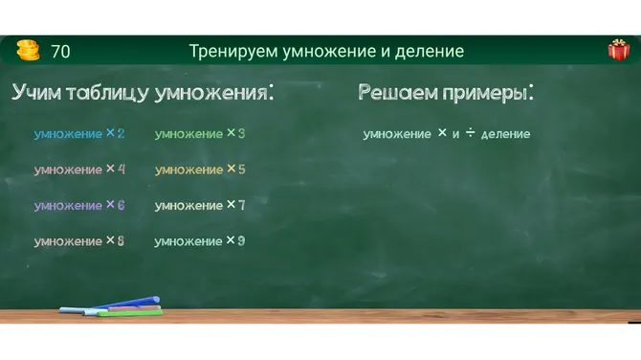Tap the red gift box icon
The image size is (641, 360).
pyautogui.click(x=618, y=51)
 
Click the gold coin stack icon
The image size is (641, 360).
pyautogui.click(x=28, y=51)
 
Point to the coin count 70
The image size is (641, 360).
pyautogui.click(x=60, y=52)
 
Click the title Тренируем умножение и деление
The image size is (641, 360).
pyautogui.click(x=326, y=52)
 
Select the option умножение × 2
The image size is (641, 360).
pyautogui.click(x=79, y=134)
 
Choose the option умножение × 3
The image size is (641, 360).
pyautogui.click(x=200, y=134)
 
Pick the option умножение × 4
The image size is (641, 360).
pyautogui.click(x=79, y=169)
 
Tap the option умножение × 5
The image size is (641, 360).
pyautogui.click(x=200, y=169)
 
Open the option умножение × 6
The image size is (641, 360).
pyautogui.click(x=79, y=205)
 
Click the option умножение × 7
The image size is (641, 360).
pyautogui.click(x=200, y=205)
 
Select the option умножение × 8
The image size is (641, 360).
pyautogui.click(x=79, y=241)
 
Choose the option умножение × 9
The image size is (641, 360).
pyautogui.click(x=200, y=241)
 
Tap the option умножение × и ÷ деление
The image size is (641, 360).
pyautogui.click(x=446, y=134)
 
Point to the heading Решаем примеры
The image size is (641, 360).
pyautogui.click(x=445, y=93)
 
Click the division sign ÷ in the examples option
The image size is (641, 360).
pyautogui.click(x=470, y=133)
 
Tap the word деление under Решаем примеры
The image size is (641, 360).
pyautogui.click(x=505, y=135)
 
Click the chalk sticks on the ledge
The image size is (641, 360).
pyautogui.click(x=111, y=305)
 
